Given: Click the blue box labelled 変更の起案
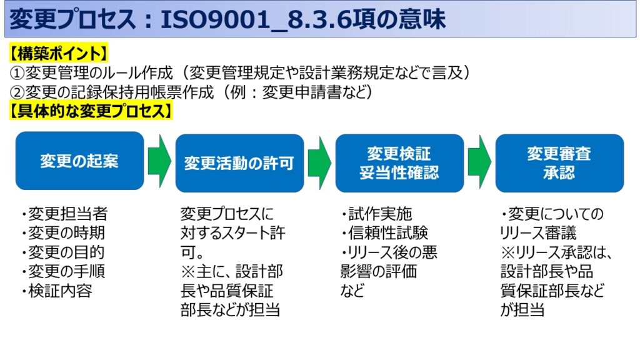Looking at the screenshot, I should coord(79,161).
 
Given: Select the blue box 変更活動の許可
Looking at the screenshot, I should coord(239,162).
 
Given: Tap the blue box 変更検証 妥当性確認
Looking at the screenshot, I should coord(399,163).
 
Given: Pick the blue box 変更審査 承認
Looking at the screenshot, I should coord(559,163).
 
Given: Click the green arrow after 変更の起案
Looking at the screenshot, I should coord(159,161).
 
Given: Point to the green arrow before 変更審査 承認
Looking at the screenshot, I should coord(479,161).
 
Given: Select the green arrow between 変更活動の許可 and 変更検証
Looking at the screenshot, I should coord(319,161).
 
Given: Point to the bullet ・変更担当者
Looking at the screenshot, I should coord(63,214).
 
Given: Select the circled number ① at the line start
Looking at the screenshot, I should coord(17,72).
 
